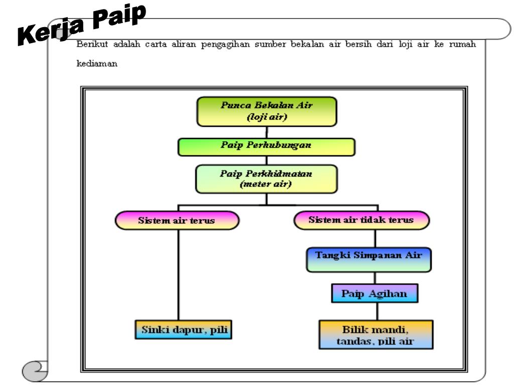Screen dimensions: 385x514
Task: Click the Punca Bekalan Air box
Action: pyautogui.click(x=267, y=112)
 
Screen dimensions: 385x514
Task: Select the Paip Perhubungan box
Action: pyautogui.click(x=267, y=146)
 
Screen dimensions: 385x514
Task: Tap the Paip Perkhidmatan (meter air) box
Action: pyautogui.click(x=267, y=179)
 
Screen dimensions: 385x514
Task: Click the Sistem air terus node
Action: pyautogui.click(x=177, y=221)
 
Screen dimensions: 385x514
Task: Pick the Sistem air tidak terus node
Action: pyautogui.click(x=361, y=220)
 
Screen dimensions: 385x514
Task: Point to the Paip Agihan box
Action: pyautogui.click(x=374, y=293)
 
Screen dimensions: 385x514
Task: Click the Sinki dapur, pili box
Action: pyautogui.click(x=183, y=330)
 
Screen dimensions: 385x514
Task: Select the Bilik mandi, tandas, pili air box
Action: pyautogui.click(x=375, y=335)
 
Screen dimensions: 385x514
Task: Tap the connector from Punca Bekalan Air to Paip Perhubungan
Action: pyautogui.click(x=267, y=132)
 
